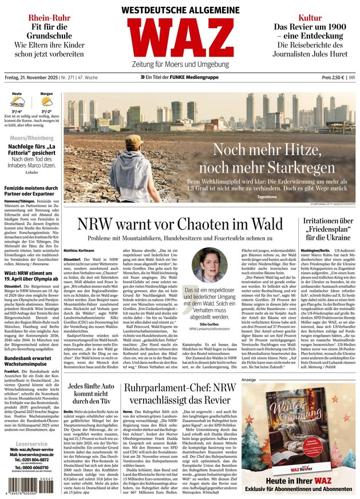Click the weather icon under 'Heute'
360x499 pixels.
18,105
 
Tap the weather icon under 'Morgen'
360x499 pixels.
46,105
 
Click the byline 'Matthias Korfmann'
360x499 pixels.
80,250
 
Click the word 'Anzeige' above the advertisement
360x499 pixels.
249,379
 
